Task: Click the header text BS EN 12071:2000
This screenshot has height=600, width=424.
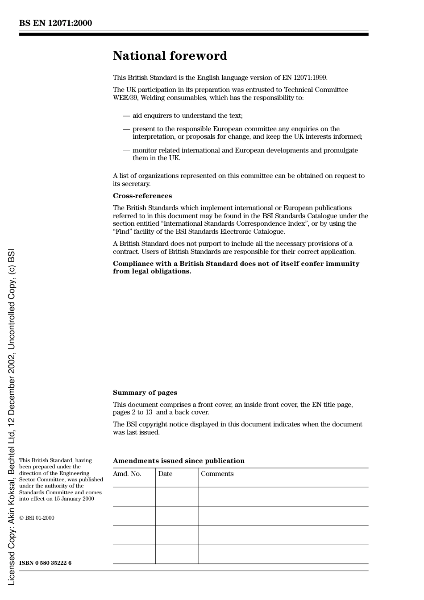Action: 55,23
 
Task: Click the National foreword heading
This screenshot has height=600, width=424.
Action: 170,56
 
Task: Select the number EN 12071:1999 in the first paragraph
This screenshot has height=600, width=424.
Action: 304,78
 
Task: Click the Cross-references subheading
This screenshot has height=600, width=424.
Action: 142,196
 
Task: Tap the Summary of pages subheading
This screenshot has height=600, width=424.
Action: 145,393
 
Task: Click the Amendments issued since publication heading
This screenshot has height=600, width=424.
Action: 179,461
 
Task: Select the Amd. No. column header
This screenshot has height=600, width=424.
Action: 127,474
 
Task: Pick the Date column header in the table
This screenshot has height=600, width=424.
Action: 165,474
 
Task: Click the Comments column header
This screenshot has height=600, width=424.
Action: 217,474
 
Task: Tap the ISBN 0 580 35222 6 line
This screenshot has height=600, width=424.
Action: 45,563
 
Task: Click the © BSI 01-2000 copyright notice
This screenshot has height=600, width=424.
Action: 37,518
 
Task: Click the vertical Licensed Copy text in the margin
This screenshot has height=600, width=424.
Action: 11,417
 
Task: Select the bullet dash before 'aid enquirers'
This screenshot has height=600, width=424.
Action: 126,116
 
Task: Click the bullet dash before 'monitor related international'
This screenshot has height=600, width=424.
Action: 126,151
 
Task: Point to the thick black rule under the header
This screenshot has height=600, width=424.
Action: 194,34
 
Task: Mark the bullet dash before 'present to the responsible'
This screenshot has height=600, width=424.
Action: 126,129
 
